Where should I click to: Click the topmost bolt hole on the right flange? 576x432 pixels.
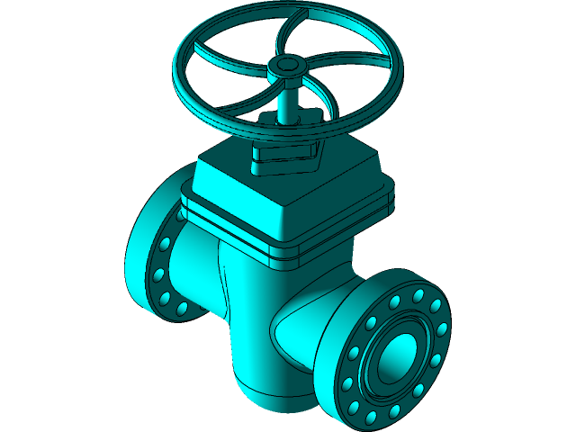click(418, 295)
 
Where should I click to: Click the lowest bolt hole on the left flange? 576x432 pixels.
click(182, 309)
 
